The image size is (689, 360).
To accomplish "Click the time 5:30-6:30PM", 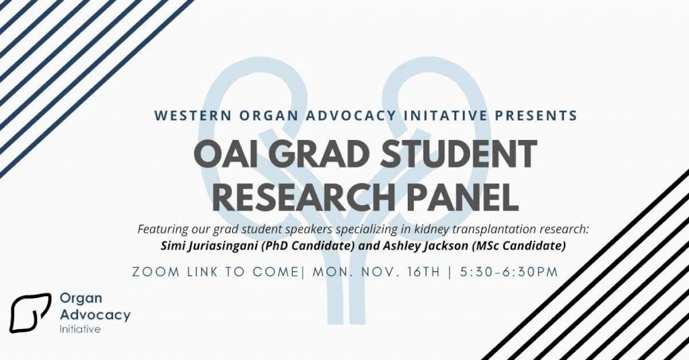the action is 509,272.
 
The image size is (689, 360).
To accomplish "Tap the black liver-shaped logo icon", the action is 30,313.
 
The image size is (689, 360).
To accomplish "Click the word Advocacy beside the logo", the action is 95,315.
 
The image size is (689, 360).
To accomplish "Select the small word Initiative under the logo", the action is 80,329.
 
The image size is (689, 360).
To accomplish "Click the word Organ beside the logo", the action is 81,299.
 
